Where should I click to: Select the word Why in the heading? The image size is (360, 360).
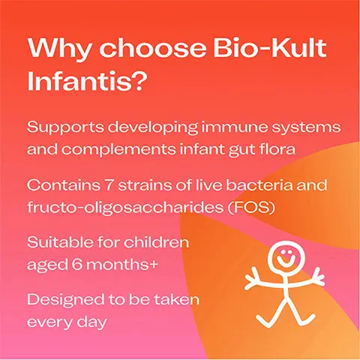click(55, 50)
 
